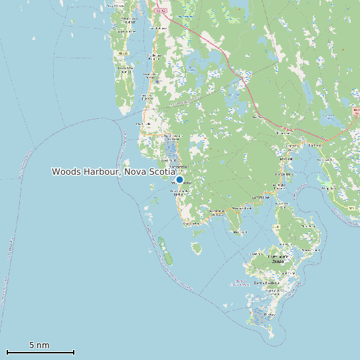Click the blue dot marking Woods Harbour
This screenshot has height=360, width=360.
pos(179,179)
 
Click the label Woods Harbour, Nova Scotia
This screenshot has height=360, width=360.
pos(114,171)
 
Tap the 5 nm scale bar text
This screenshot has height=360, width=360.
pos(39,345)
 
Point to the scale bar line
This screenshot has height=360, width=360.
pos(40,352)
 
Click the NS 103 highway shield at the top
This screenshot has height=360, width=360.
pos(159,10)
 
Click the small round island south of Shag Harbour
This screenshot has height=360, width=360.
pos(197,248)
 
